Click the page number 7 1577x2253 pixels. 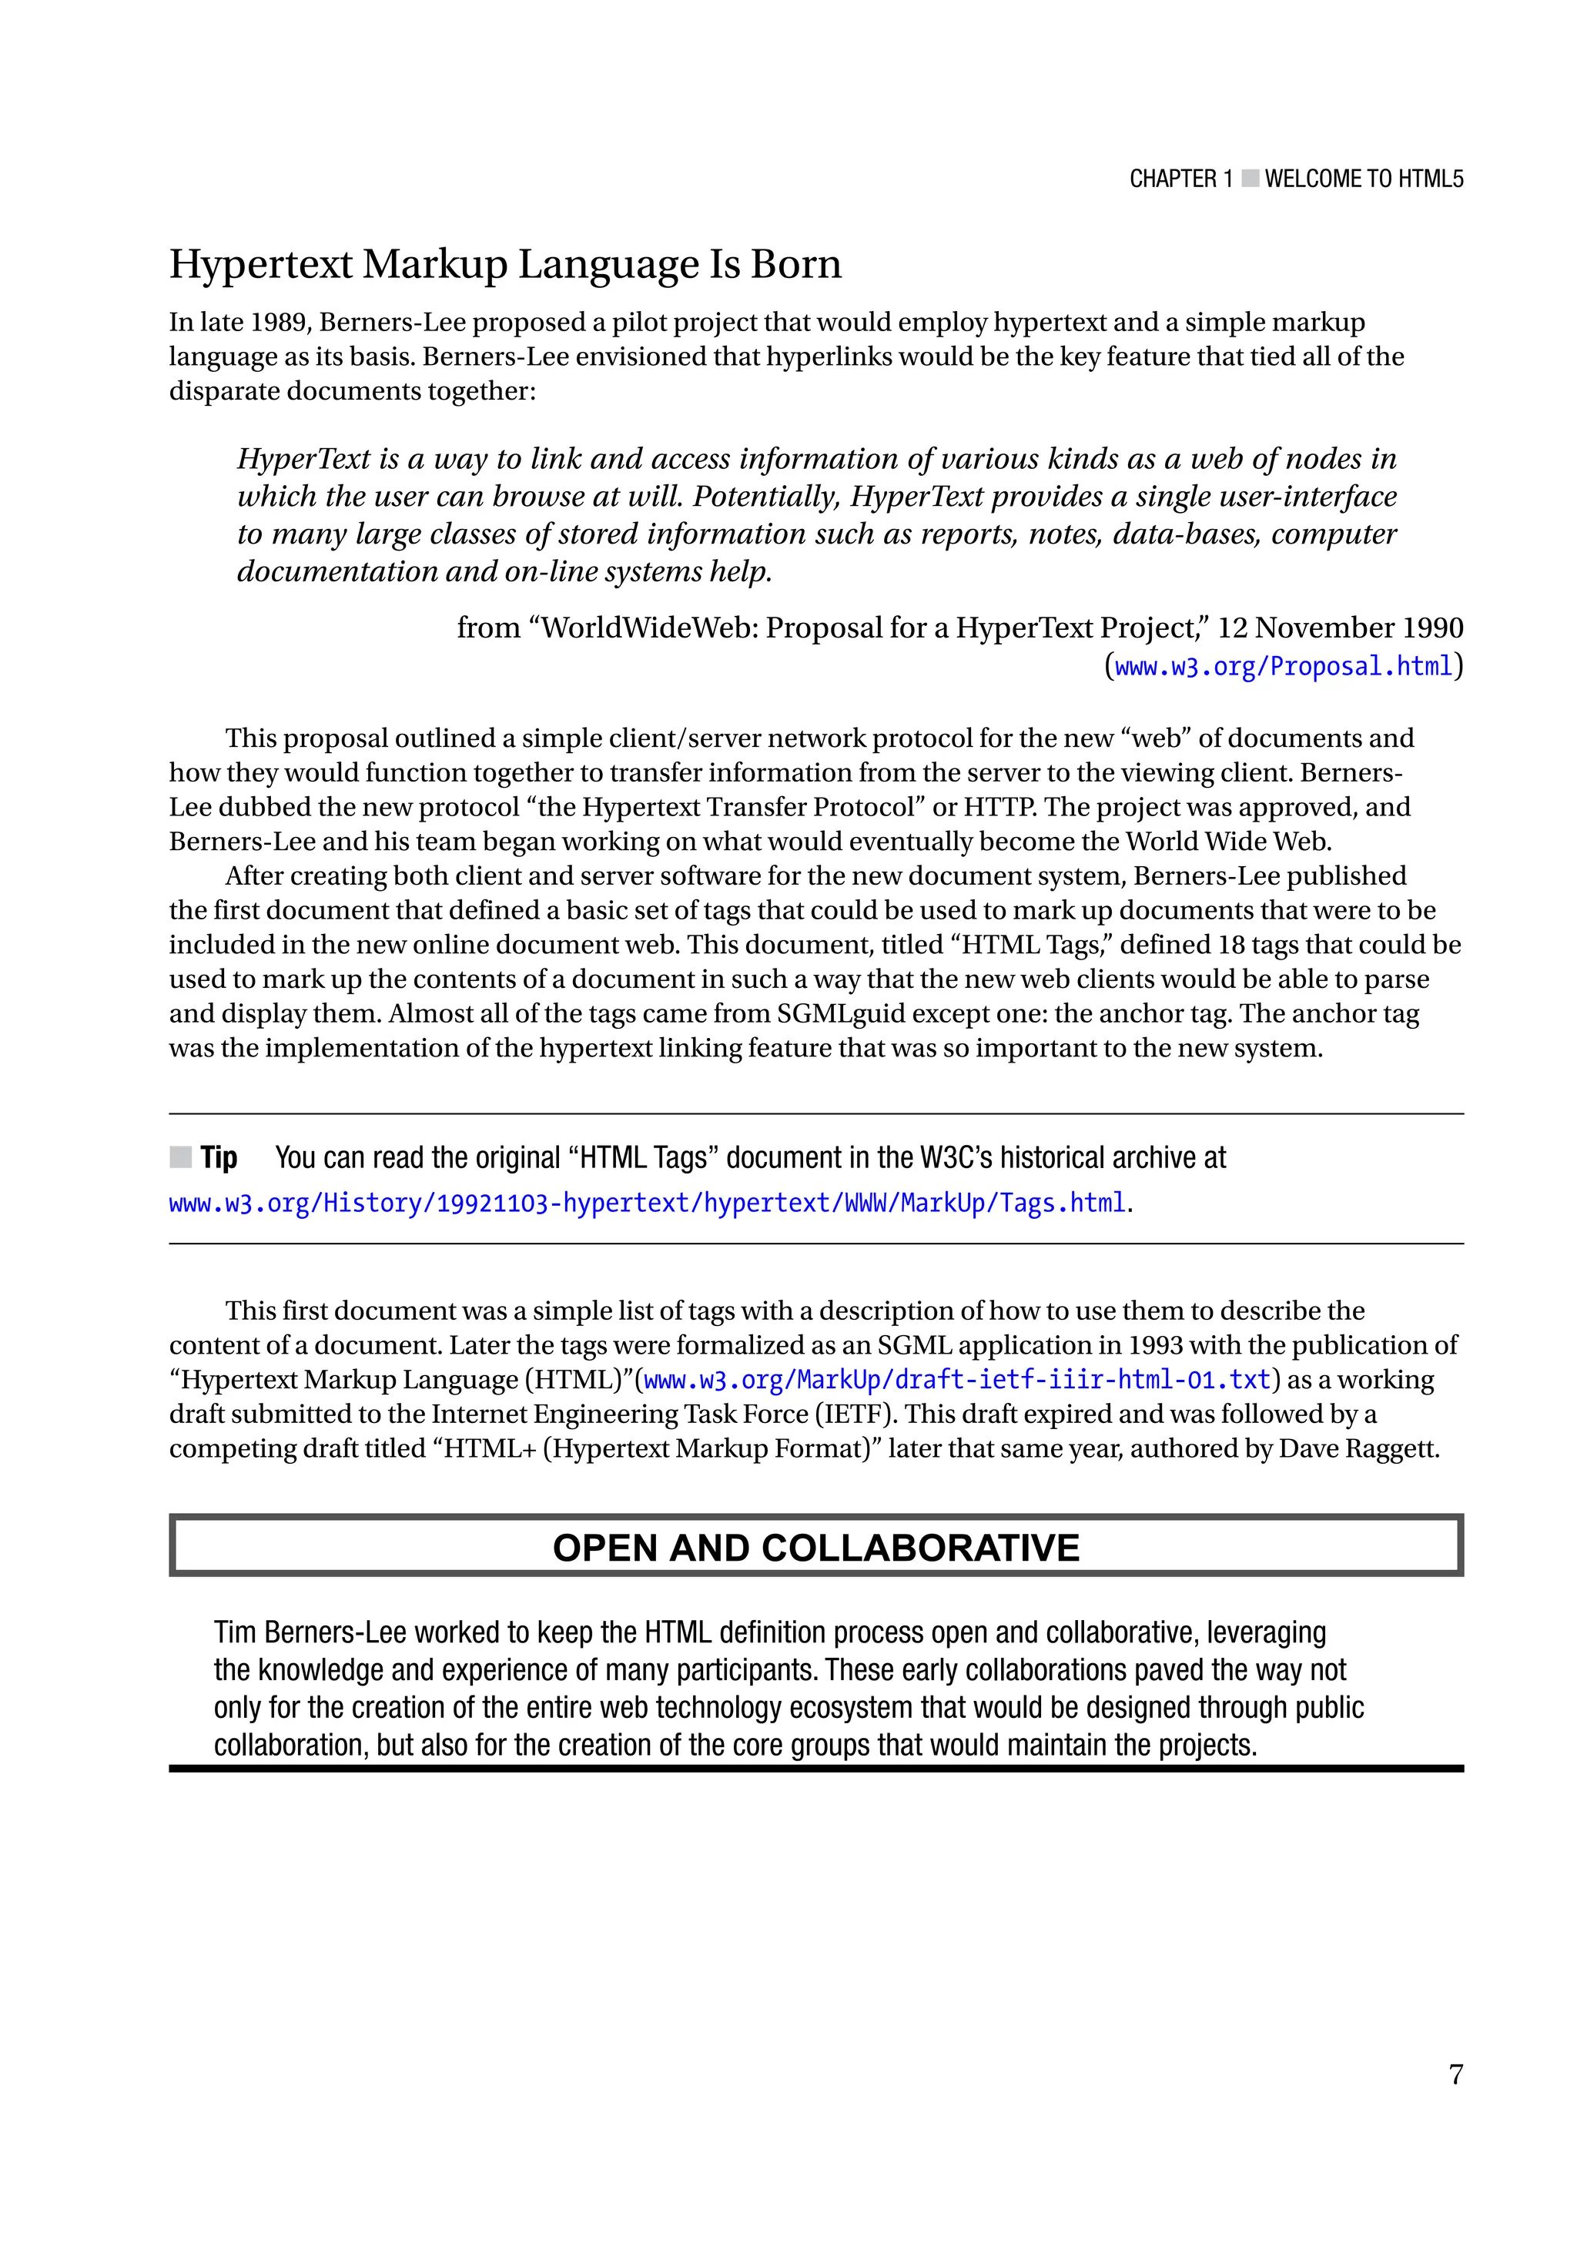(x=1455, y=2074)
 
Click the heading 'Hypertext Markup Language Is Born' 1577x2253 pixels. (x=504, y=264)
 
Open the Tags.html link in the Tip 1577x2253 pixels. (x=647, y=1202)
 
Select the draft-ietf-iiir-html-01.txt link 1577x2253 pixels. (x=957, y=1380)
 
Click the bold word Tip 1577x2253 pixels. (x=219, y=1158)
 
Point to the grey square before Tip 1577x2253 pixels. (x=180, y=1158)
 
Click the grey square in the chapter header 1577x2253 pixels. (x=1249, y=179)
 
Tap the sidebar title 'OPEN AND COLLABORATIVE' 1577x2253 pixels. (x=815, y=1548)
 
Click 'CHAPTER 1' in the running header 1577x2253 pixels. (x=1180, y=179)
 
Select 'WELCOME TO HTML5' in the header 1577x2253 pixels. (x=1363, y=179)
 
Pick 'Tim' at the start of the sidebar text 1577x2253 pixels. (x=236, y=1632)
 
